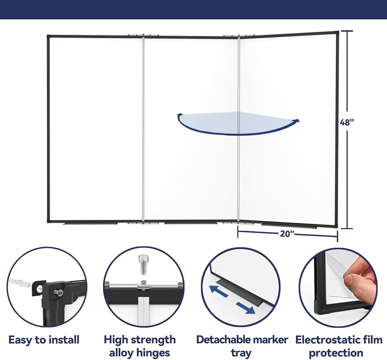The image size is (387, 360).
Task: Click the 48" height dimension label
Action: click(347, 122)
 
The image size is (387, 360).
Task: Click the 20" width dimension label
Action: click(287, 233)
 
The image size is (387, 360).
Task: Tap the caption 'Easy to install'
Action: click(44, 340)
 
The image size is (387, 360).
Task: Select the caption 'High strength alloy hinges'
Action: click(139, 346)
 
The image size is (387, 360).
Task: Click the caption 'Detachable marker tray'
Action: click(242, 346)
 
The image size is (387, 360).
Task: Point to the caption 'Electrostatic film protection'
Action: click(339, 346)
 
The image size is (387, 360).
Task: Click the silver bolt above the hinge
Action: click(143, 264)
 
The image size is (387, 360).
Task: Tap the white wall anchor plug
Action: click(20, 283)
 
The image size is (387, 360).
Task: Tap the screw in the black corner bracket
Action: click(58, 293)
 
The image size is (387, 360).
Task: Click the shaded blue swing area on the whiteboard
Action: click(237, 123)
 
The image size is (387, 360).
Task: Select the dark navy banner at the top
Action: click(193, 9)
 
